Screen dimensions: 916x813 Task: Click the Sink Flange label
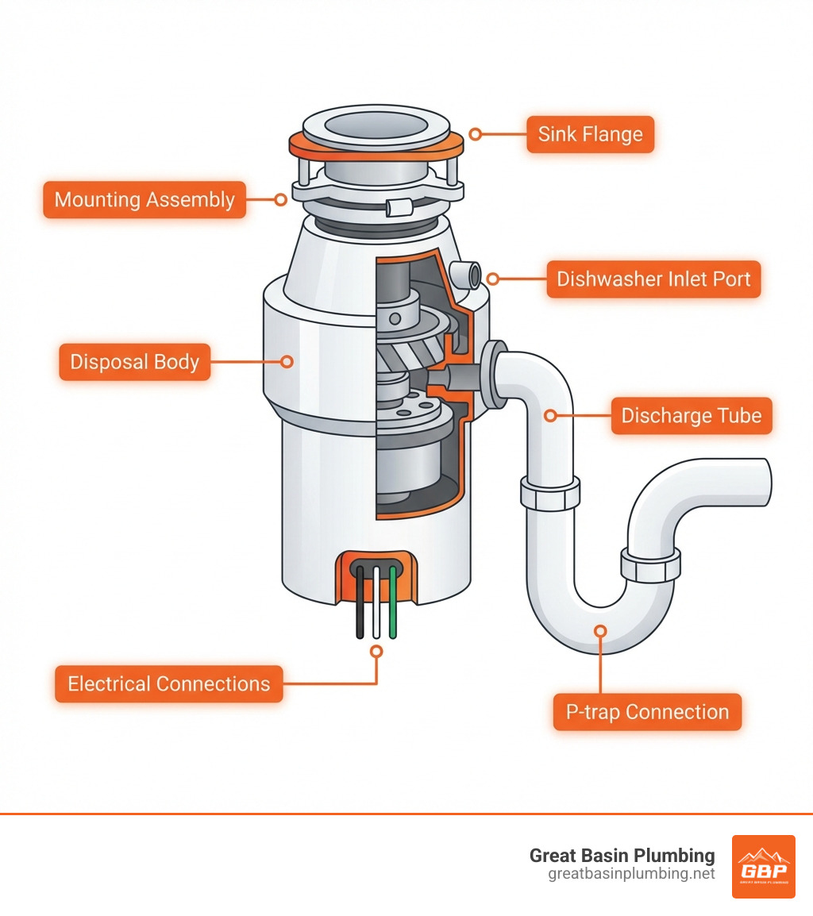tap(590, 134)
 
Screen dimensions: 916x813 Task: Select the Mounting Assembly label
tap(144, 199)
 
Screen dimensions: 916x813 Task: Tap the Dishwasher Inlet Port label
tap(653, 279)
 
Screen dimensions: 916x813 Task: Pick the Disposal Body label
tap(134, 362)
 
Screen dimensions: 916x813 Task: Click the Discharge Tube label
tap(691, 416)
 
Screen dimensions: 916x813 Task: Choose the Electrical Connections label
tap(168, 683)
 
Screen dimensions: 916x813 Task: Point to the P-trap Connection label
tap(647, 712)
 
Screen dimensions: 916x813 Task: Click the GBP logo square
tap(763, 866)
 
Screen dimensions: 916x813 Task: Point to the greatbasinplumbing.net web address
tap(631, 874)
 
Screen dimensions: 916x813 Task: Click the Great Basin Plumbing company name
tap(622, 855)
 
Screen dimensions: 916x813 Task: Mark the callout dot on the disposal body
tap(287, 362)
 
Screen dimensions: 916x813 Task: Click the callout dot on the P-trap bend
tap(601, 631)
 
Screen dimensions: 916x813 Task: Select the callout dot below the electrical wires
tap(376, 651)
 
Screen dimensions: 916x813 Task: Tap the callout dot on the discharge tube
tap(549, 415)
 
